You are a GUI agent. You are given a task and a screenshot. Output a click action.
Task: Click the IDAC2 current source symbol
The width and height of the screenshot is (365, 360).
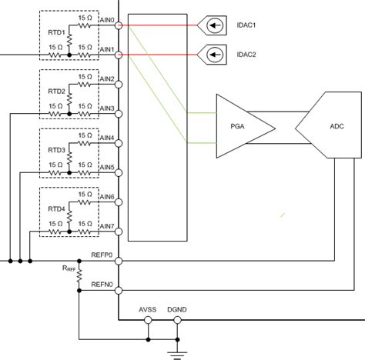211,55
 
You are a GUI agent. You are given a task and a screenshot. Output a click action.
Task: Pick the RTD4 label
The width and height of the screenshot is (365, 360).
55,208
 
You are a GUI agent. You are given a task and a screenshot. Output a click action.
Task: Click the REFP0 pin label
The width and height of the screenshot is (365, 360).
102,254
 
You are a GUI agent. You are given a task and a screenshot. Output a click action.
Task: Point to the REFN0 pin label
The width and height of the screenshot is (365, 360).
102,285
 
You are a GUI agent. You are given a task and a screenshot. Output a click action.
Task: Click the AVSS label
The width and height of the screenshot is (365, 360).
148,311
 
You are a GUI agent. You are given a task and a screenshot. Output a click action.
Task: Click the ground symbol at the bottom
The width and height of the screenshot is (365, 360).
178,353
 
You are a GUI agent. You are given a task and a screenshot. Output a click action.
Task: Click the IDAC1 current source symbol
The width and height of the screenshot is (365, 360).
211,26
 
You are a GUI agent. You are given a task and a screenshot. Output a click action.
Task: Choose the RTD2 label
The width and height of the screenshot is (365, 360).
55,92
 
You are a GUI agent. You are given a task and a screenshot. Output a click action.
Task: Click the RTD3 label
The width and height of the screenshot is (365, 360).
55,150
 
